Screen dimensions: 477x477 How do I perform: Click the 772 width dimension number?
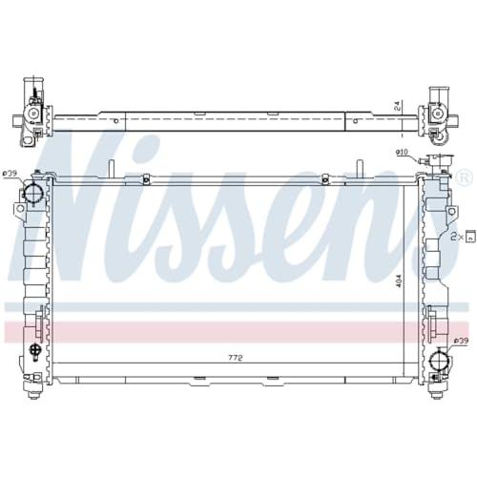[236, 358]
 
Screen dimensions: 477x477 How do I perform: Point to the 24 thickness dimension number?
[397, 107]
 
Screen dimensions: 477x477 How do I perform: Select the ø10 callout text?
[402, 153]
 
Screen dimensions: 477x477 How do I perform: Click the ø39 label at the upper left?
[10, 174]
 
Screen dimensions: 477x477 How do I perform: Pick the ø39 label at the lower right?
[461, 341]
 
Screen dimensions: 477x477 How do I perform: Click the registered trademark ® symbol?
[462, 178]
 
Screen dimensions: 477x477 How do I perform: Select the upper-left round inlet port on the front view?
[32, 192]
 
